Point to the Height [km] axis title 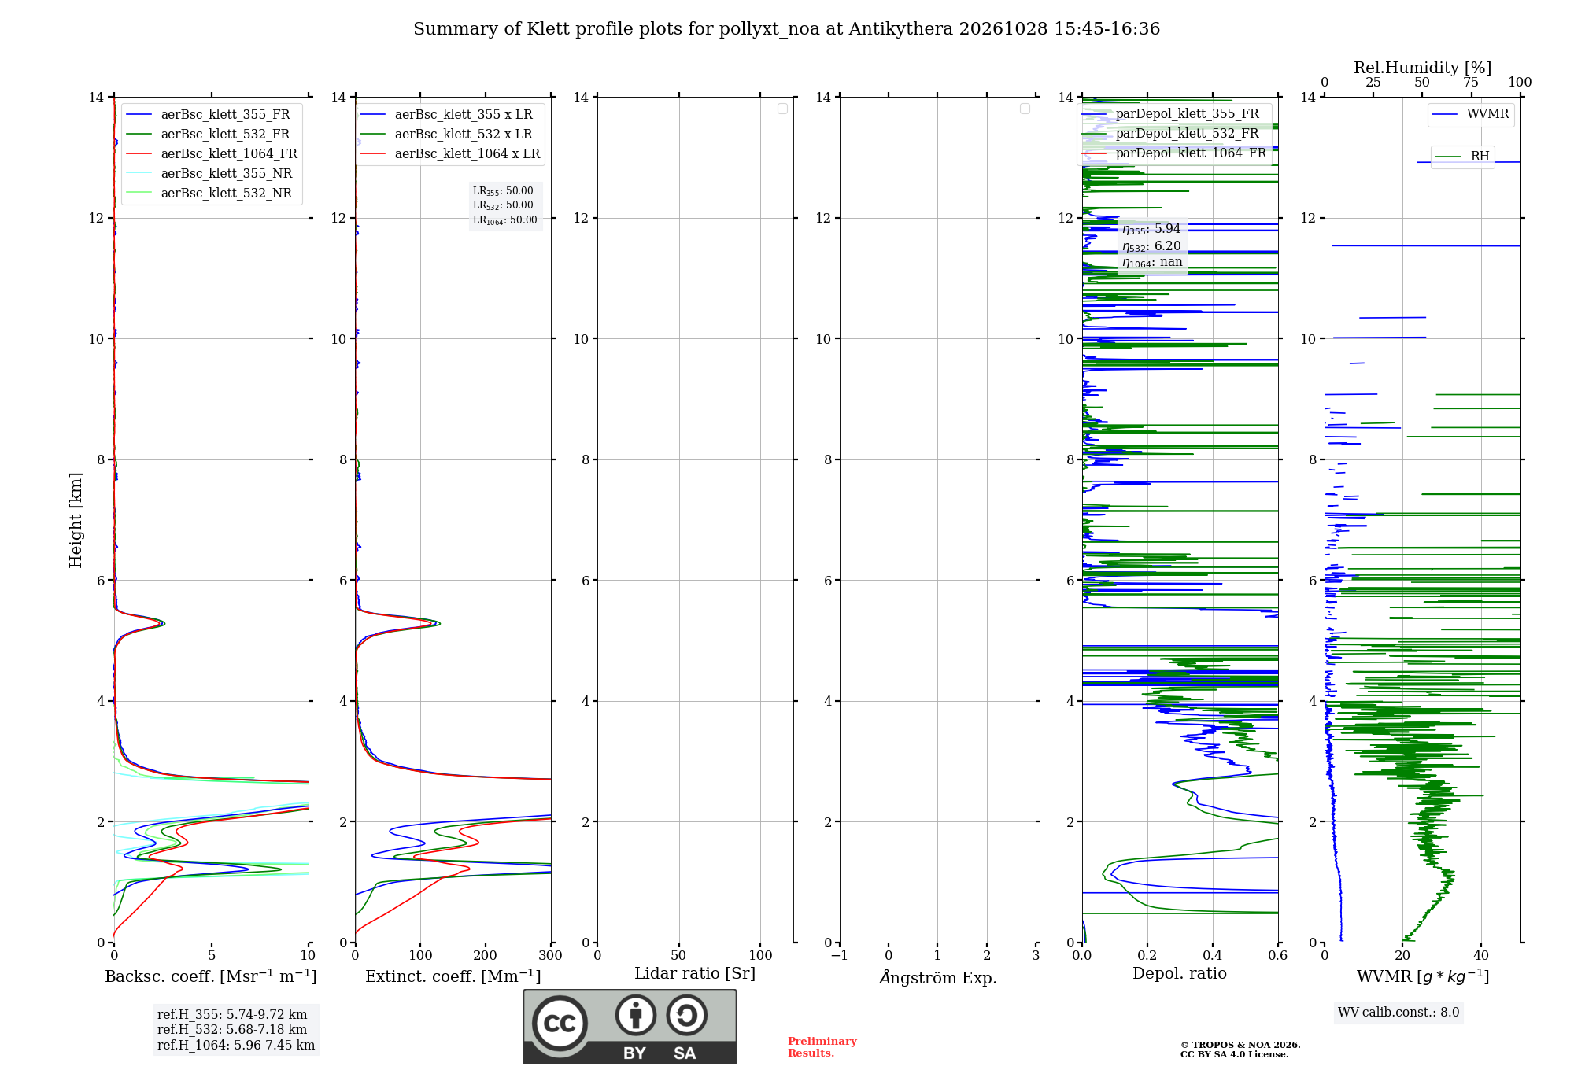76,520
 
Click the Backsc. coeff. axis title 211,976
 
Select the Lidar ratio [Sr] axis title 695,973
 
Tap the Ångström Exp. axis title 938,977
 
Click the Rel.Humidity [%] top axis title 1423,68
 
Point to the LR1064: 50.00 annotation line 505,220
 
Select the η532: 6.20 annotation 1151,246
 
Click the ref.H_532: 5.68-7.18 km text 232,1029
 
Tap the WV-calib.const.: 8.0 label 1398,1013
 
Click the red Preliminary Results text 822,1047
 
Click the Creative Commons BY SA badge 630,1026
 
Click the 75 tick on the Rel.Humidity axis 1471,82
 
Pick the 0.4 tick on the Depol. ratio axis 1213,955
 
